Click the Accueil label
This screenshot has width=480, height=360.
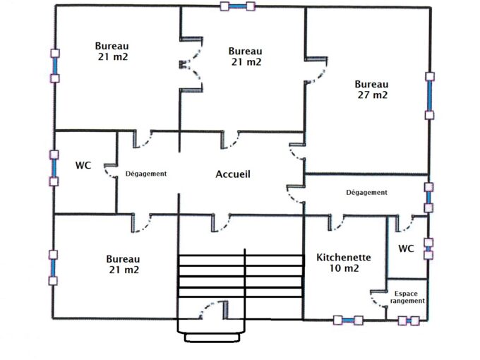point(233,174)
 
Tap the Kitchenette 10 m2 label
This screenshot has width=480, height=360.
point(343,263)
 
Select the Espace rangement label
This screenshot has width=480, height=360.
point(409,296)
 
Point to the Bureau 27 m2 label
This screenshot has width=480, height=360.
point(371,89)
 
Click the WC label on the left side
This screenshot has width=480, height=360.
point(83,165)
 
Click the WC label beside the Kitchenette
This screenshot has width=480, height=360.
point(406,248)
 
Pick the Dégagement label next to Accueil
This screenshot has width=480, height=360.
point(145,174)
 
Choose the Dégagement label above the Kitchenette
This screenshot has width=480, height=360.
point(367,192)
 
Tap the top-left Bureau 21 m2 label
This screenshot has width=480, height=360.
point(112,52)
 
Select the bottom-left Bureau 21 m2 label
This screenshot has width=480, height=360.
point(124,264)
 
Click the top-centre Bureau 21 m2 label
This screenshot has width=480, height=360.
point(246,56)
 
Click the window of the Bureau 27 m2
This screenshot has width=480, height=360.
point(428,95)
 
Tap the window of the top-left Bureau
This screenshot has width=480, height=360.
point(54,65)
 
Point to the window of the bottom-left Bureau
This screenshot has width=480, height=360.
point(53,267)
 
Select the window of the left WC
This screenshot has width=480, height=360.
point(54,167)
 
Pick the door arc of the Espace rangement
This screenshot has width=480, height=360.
point(379,299)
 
